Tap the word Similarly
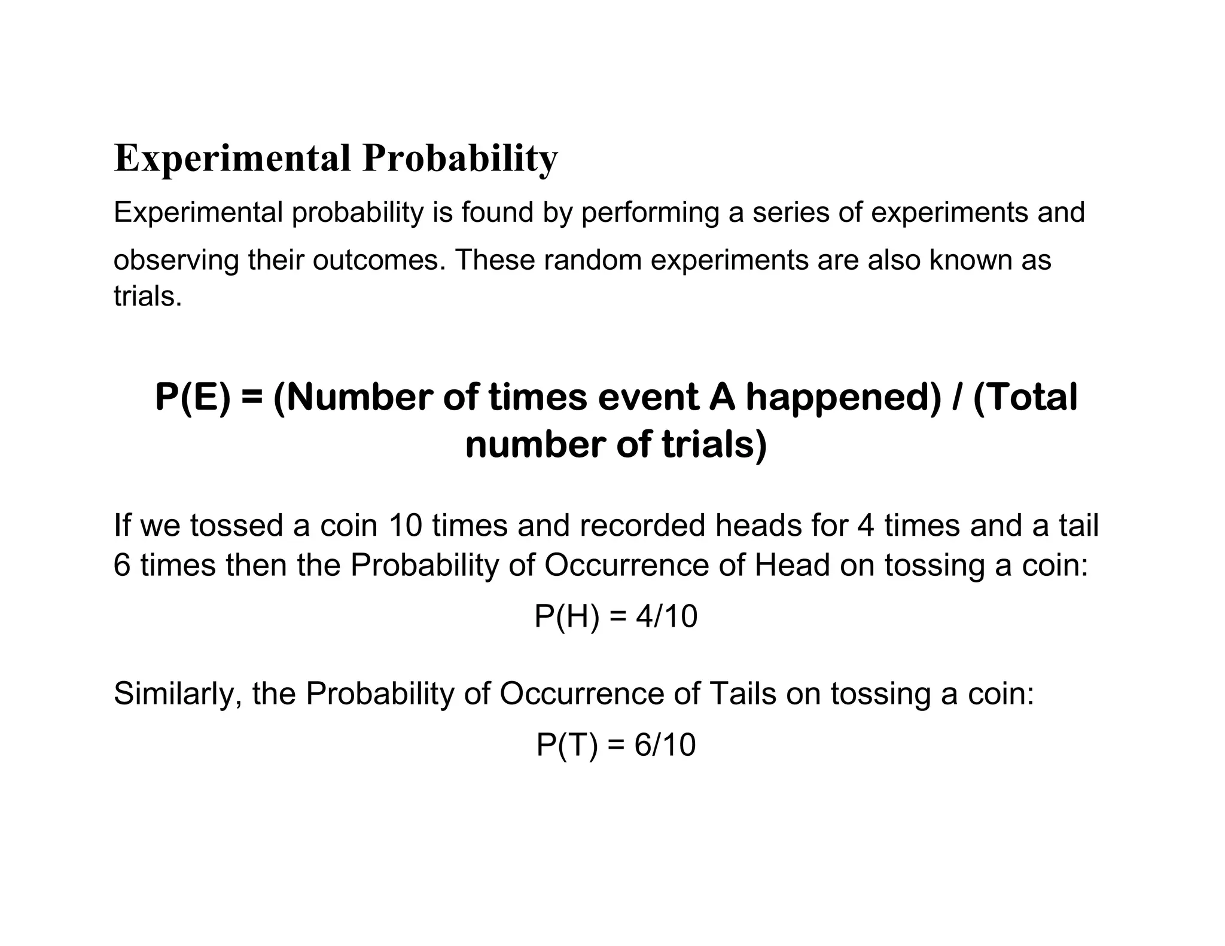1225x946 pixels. [x=178, y=694]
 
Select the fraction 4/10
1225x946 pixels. [x=666, y=617]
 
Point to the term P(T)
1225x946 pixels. [x=566, y=745]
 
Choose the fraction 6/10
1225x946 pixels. [x=665, y=745]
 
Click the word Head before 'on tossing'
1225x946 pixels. [x=792, y=565]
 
